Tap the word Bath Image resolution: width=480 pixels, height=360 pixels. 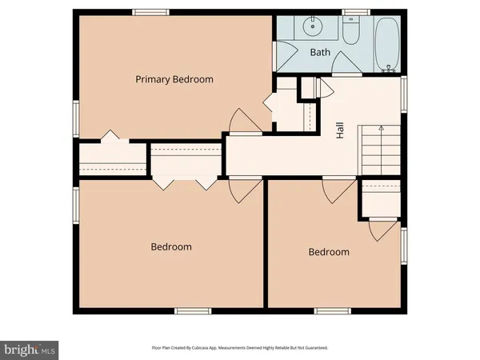click(320, 52)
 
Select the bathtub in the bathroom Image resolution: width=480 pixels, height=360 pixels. click(386, 43)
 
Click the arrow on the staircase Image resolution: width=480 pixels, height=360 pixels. click(381, 128)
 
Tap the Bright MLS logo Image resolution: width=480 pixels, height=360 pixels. click(30, 349)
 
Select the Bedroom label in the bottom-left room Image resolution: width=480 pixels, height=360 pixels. click(171, 246)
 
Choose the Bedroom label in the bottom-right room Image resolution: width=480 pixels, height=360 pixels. click(329, 252)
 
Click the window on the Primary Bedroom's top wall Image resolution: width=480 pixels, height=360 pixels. click(145, 11)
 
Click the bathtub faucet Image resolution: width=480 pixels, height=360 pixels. click(390, 68)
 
